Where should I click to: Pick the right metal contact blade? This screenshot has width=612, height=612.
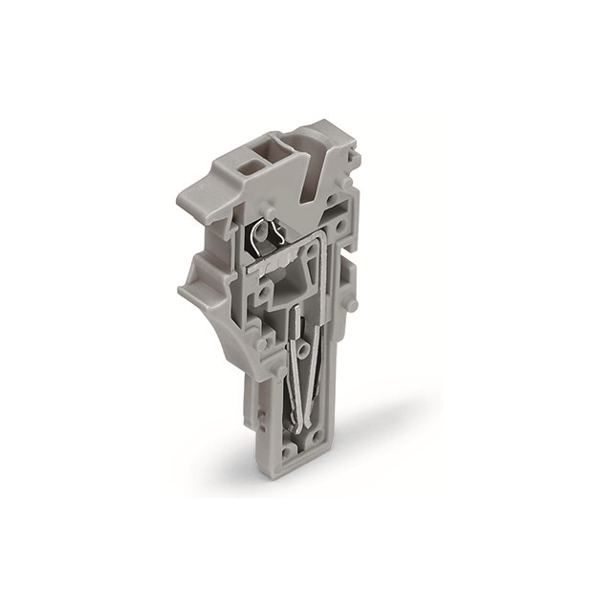318,373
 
